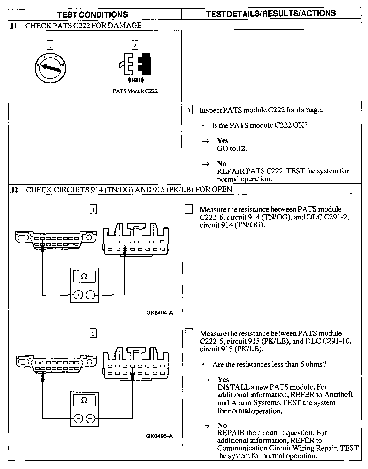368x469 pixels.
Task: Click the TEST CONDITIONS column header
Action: [x=93, y=14]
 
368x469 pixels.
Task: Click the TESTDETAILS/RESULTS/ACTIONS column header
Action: [x=271, y=13]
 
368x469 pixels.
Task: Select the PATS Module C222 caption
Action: [x=135, y=91]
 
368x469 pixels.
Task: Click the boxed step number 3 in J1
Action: [x=189, y=110]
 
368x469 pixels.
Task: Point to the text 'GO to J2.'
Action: [x=232, y=148]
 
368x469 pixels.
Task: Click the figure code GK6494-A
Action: [x=160, y=312]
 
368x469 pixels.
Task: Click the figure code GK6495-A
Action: [x=159, y=436]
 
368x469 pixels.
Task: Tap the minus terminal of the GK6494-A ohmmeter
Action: [x=90, y=295]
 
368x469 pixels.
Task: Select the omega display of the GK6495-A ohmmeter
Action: [x=84, y=400]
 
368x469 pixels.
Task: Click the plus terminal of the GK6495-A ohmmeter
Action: [x=78, y=419]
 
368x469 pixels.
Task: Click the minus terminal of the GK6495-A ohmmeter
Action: [x=90, y=419]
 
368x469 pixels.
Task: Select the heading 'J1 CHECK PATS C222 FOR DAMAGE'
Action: [x=75, y=26]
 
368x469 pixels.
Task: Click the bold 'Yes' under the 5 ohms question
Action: [x=223, y=379]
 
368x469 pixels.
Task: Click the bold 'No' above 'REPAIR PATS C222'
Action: [x=222, y=163]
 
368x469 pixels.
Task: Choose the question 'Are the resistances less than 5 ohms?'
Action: [x=269, y=364]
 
